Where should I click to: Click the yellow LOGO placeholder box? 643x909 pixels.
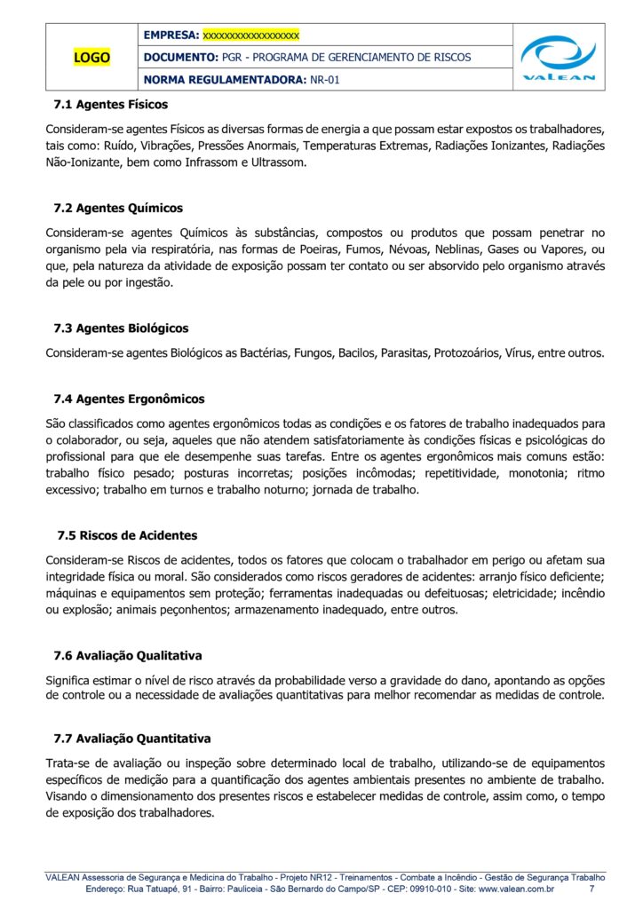(91, 58)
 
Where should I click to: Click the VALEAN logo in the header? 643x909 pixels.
(558, 58)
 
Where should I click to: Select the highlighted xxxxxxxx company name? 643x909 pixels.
(251, 36)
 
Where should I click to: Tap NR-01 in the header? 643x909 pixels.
(325, 80)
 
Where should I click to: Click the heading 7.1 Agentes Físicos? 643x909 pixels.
(110, 105)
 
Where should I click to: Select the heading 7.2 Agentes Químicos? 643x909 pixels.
(118, 209)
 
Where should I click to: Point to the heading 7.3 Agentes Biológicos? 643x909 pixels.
(121, 328)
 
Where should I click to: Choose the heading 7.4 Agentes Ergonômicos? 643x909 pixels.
(129, 399)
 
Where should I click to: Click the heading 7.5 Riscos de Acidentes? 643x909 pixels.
(127, 536)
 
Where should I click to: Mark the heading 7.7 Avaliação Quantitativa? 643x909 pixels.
(131, 739)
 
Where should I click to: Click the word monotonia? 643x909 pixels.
(530, 473)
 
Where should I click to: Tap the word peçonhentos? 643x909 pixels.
(182, 610)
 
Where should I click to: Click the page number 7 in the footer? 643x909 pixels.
(592, 889)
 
